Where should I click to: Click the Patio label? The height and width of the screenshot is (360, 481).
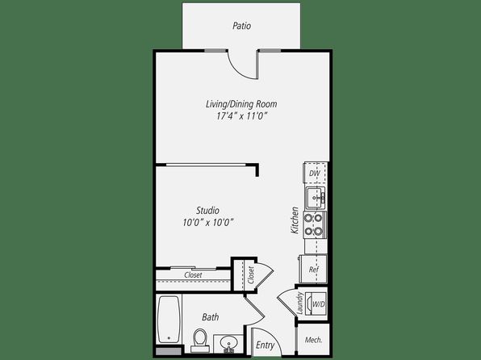pos(242,26)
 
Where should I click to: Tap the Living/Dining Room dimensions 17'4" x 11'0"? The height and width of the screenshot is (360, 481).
pos(242,116)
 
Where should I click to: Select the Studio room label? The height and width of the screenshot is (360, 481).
pos(207,211)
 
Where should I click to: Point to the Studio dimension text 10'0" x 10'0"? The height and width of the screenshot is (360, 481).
pos(208,222)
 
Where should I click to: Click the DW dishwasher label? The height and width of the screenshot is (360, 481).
pos(315,174)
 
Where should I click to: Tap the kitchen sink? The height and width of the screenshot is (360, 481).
pos(316,198)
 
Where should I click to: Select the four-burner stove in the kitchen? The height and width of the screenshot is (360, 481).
pos(315,224)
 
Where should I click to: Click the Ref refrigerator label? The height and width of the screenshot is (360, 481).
pos(314,270)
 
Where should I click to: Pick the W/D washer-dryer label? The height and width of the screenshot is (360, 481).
pos(319,304)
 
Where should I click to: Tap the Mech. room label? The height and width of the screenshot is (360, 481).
pos(313,340)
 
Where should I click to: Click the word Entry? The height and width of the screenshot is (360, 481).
pos(265,345)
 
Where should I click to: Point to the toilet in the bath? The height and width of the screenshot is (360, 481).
pos(200,340)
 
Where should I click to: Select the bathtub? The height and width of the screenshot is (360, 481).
pos(169,320)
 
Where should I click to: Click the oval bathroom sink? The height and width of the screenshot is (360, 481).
pos(228,341)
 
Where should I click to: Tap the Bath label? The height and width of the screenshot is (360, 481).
pos(211,317)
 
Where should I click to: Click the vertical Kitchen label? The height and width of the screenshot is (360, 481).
pos(295,220)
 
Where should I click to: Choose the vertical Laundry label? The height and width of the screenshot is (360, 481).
pos(300,303)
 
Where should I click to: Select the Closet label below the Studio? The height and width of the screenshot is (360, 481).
pos(193,275)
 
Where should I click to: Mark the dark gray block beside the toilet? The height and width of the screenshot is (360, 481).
pos(168,351)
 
